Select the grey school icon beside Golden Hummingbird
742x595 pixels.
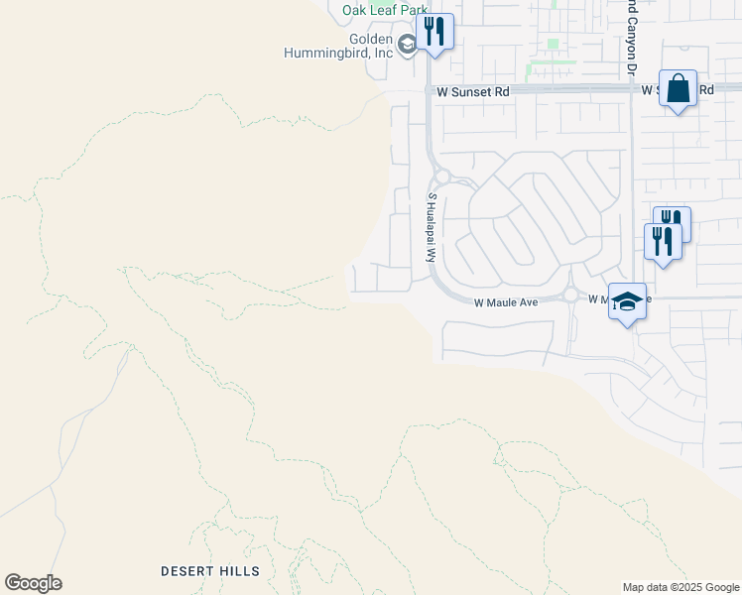[407, 45]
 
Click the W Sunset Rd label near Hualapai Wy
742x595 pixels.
[472, 91]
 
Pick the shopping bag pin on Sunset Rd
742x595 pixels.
[678, 89]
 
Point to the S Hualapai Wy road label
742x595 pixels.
[432, 227]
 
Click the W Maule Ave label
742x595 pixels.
[506, 301]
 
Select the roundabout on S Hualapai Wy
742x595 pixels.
[442, 178]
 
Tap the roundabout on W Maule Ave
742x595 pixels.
[570, 295]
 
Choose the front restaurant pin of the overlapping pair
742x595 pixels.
[662, 241]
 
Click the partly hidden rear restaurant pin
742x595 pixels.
[676, 218]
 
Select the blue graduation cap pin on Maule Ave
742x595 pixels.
[627, 300]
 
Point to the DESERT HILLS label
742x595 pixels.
[210, 571]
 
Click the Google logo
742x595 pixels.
[33, 583]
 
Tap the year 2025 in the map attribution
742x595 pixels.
[686, 587]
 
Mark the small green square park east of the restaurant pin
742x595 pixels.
[554, 45]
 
